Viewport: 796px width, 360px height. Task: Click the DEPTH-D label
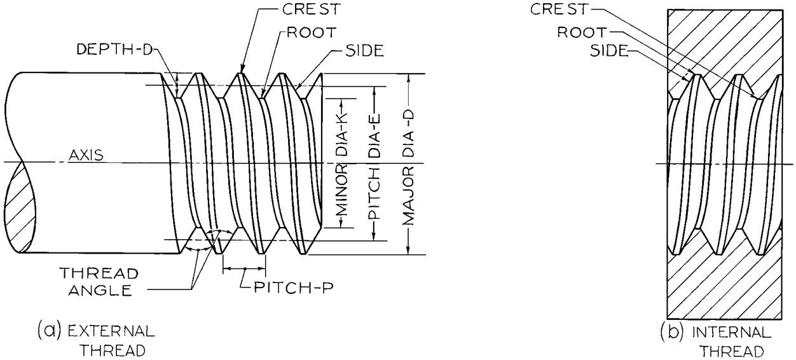click(x=114, y=50)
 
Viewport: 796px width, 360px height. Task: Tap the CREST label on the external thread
click(x=312, y=10)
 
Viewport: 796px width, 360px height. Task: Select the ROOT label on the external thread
click(x=312, y=32)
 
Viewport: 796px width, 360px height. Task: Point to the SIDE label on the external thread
click(x=364, y=51)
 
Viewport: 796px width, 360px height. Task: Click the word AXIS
click(x=86, y=155)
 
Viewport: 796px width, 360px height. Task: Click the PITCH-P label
click(x=294, y=287)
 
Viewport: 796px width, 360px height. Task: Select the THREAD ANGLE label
click(x=99, y=282)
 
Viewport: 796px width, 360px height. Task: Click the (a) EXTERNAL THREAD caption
click(x=96, y=340)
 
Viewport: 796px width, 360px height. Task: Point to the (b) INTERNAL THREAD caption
click(x=716, y=341)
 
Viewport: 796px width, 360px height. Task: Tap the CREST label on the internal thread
click(x=559, y=10)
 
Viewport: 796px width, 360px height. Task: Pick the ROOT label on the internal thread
click(x=582, y=32)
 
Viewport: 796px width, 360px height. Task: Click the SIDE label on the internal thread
click(x=609, y=51)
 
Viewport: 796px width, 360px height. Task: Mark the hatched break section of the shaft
click(x=20, y=208)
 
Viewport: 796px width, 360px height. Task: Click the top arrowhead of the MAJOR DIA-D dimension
click(x=409, y=78)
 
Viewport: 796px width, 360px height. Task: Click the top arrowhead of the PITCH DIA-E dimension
click(x=374, y=91)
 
